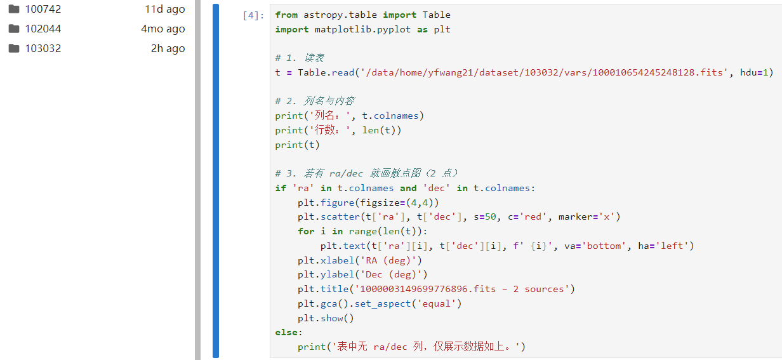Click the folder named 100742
[x=43, y=9]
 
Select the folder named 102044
[x=43, y=29]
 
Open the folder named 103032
[x=43, y=48]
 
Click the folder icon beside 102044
[x=14, y=29]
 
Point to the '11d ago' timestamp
[x=164, y=9]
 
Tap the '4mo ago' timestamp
[x=162, y=29]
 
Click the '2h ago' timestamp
[x=168, y=48]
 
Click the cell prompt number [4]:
[x=253, y=15]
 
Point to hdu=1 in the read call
[x=754, y=72]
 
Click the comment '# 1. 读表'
[x=300, y=58]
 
